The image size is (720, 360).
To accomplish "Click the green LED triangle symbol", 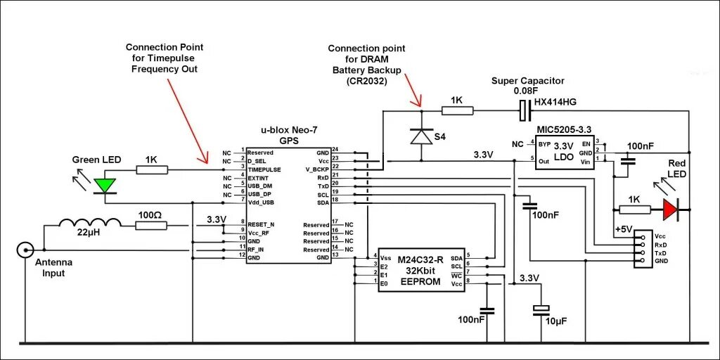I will tap(105, 186).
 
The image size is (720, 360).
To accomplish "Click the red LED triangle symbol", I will tap(669, 208).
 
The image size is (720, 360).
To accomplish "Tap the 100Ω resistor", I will tap(151, 225).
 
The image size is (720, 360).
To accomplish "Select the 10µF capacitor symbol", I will tap(541, 309).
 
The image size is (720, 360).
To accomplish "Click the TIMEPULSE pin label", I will tap(264, 169).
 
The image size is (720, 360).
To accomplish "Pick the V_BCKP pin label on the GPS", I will tap(317, 169).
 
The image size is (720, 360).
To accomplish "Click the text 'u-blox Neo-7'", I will tap(289, 130).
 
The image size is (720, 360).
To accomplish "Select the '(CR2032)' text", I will tap(366, 81).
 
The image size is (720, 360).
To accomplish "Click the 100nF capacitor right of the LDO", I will tap(629, 160).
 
